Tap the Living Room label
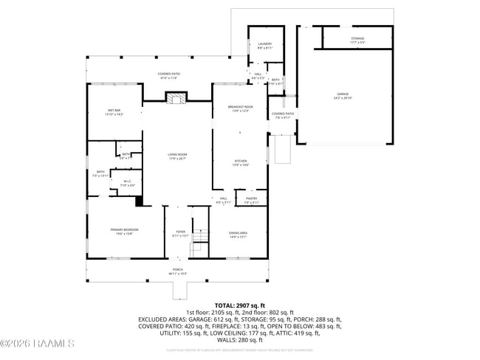tap(176, 156)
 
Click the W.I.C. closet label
tap(127, 182)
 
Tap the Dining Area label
tap(238, 235)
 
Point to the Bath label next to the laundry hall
tap(275, 81)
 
